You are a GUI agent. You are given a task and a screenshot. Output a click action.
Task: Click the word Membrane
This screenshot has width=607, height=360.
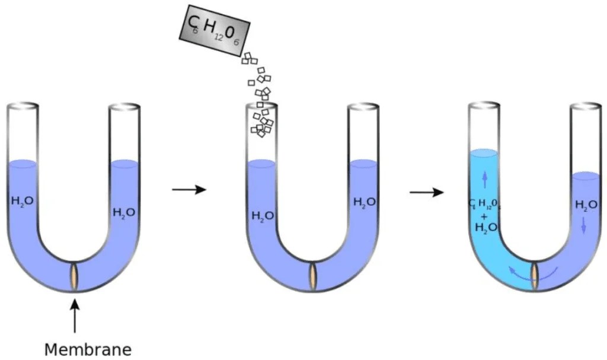[x=87, y=349]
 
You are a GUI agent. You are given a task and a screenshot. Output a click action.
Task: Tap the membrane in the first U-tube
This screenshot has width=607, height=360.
[x=74, y=276]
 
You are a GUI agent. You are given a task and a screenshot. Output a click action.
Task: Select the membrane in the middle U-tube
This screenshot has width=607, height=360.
[x=312, y=276]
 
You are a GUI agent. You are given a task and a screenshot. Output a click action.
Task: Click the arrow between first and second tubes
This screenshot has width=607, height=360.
[x=189, y=190]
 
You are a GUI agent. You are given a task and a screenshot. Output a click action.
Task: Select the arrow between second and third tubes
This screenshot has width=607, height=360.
[x=427, y=193]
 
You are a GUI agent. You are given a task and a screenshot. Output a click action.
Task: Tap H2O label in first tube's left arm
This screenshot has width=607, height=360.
[x=23, y=200]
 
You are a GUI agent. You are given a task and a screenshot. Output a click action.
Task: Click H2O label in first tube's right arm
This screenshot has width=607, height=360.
[x=124, y=212]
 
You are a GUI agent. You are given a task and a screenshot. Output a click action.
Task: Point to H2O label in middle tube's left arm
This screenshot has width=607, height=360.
[x=262, y=215]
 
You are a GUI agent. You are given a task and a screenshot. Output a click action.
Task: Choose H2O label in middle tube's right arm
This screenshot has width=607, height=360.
[x=364, y=202]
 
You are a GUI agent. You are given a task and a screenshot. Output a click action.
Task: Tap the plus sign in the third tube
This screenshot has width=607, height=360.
[x=484, y=216]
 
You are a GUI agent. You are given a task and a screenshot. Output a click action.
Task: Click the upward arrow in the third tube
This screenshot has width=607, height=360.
[x=485, y=177]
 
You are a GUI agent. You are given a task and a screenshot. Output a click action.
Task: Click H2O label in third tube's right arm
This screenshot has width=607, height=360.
[x=586, y=205]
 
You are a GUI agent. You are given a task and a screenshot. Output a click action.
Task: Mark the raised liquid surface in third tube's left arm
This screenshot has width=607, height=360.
[x=484, y=154]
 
